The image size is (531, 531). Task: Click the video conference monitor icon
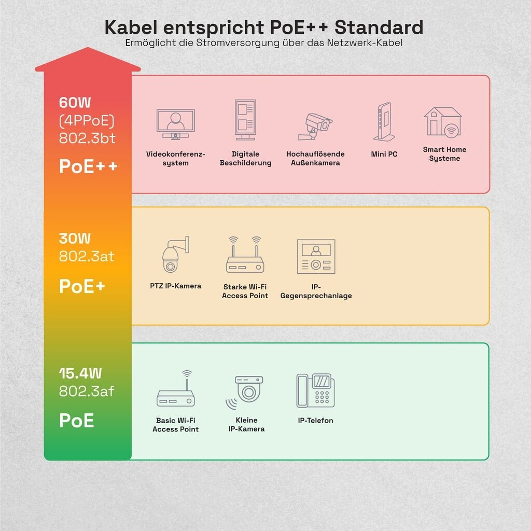(x=175, y=124)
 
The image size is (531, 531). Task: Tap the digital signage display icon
(x=245, y=120)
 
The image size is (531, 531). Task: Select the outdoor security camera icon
(x=315, y=127)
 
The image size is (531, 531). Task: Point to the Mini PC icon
(x=384, y=121)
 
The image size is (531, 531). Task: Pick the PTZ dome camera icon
(x=175, y=255)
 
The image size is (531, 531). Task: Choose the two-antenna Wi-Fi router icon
(x=245, y=255)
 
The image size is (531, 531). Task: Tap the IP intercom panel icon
(x=316, y=256)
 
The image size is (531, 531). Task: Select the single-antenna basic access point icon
(x=175, y=388)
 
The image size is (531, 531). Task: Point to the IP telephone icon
(x=315, y=390)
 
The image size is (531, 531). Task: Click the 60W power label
(x=75, y=103)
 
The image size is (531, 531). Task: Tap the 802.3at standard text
(x=87, y=256)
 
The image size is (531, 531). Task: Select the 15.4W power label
(x=80, y=373)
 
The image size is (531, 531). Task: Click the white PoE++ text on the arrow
(x=88, y=166)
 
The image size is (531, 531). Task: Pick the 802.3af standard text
(x=87, y=391)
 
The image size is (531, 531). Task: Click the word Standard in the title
(x=379, y=27)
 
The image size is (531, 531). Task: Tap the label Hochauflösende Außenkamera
(x=315, y=158)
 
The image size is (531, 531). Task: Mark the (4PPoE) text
(x=87, y=121)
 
